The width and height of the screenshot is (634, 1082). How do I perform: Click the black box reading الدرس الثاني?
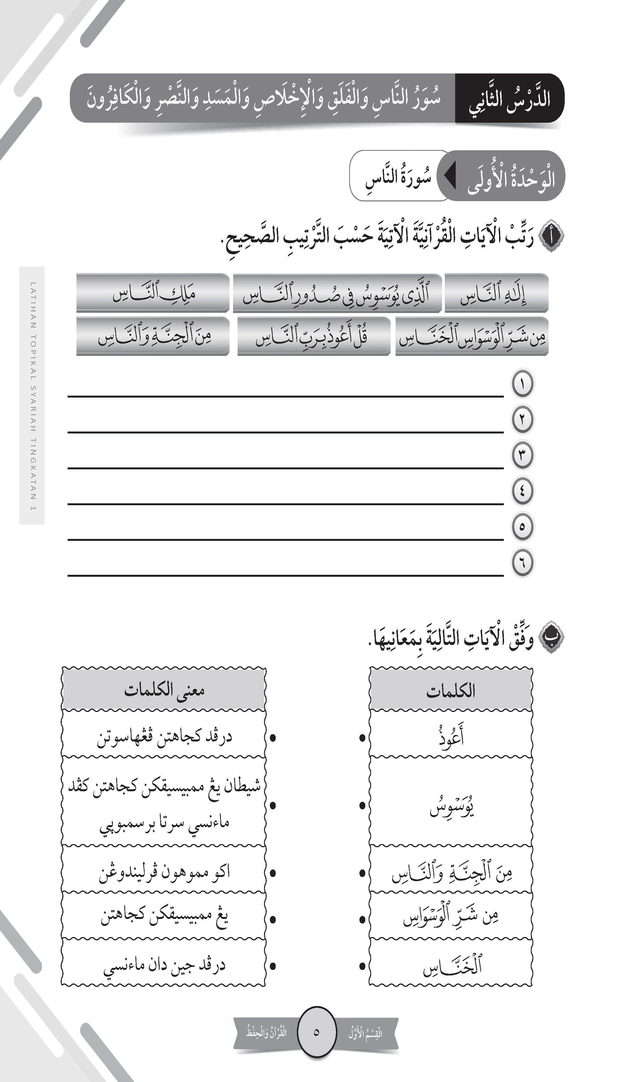pos(509,98)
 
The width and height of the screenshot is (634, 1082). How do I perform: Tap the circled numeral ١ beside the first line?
pos(522,383)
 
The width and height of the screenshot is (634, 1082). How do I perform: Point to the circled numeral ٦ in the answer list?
pos(522,562)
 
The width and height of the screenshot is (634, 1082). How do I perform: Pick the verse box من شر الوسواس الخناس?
pos(472,336)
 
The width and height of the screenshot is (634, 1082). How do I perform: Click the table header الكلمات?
pos(451,691)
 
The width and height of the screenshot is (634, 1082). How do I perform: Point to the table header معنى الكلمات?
pos(164,690)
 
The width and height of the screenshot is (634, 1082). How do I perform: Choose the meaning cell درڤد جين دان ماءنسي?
pos(164,965)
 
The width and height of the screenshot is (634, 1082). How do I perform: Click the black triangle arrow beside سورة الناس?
pos(450,176)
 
